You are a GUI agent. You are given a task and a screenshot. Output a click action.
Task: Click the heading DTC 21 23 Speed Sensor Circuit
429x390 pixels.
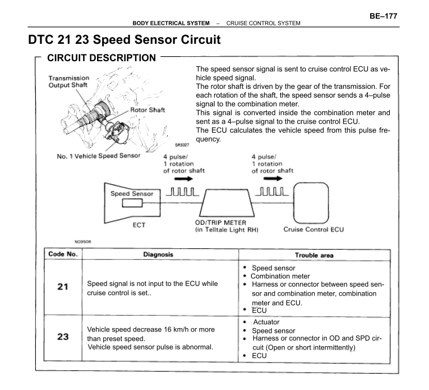123,40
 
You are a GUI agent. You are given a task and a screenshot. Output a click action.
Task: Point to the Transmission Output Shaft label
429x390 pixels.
68,81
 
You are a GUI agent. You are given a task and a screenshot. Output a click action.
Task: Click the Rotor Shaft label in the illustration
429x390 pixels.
147,110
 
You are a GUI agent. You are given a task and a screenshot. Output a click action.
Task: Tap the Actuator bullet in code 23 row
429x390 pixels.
266,322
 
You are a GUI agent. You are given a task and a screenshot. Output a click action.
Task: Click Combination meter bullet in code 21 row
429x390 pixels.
280,276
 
